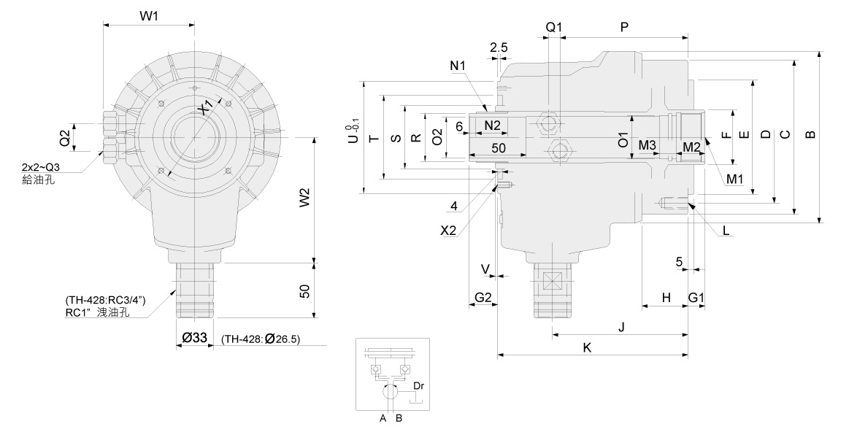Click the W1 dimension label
[x=149, y=15]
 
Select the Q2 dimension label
[x=64, y=136]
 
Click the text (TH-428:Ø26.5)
[x=261, y=338]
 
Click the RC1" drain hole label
[x=97, y=312]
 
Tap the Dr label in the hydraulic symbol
[x=418, y=386]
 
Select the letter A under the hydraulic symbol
[x=382, y=418]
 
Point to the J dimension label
[x=621, y=326]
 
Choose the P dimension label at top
[x=624, y=26]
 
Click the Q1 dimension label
[x=554, y=26]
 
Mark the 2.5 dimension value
[x=499, y=47]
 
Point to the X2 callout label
[x=448, y=229]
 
